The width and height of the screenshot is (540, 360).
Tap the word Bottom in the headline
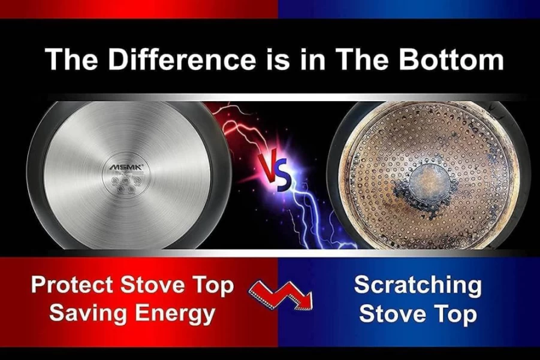click(451, 59)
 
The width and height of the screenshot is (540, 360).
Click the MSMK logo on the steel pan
click(126, 167)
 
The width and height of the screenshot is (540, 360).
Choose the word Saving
click(88, 314)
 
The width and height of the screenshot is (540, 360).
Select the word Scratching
click(417, 286)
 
